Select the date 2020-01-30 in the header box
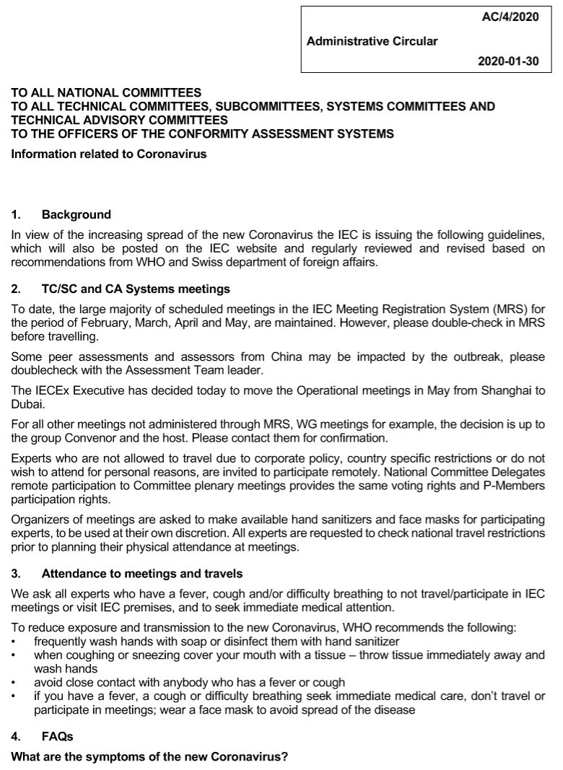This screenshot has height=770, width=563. [x=508, y=61]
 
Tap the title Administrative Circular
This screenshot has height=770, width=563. [x=372, y=41]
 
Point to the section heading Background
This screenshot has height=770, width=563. [x=77, y=214]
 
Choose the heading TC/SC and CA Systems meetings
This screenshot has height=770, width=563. [x=136, y=289]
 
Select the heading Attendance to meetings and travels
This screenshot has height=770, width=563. [x=142, y=574]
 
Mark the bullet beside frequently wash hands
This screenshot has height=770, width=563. [x=16, y=642]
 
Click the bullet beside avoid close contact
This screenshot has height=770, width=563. [x=16, y=683]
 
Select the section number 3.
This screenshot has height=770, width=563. [x=16, y=574]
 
